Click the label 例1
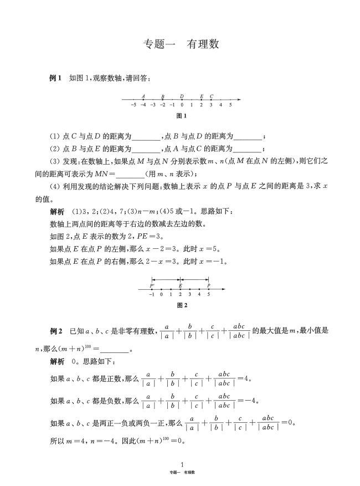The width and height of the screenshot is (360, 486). click(x=55, y=79)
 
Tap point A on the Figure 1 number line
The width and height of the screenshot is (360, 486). click(x=143, y=99)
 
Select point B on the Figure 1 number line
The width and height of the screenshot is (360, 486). click(x=162, y=99)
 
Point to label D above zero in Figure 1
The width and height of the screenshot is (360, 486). click(x=182, y=95)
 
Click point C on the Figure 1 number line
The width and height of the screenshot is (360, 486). click(x=211, y=99)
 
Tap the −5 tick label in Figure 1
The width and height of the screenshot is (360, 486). click(x=133, y=105)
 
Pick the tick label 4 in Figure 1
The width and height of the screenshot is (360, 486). click(x=220, y=105)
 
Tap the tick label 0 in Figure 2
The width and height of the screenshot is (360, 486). click(x=161, y=295)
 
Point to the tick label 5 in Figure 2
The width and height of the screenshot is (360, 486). click(x=209, y=295)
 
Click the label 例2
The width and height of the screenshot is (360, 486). click(x=55, y=331)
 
